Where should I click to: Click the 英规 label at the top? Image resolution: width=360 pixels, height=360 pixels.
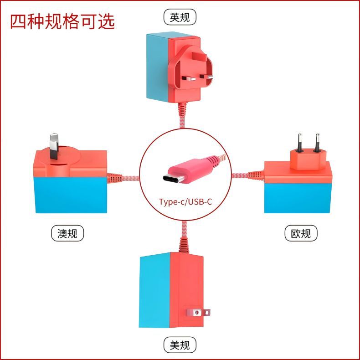pos(180,17)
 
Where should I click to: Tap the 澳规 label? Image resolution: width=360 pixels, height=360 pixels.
pos(67,233)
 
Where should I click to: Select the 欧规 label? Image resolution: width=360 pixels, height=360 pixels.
pos(301,233)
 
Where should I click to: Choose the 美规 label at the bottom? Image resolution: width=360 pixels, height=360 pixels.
pos(180,345)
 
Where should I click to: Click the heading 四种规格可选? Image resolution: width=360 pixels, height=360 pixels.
pos(62,21)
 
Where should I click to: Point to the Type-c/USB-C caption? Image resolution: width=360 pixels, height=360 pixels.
pos(185,201)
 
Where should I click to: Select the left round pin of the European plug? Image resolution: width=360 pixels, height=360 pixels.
pos(300,142)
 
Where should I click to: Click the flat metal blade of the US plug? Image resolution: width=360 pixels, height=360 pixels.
pos(197,313)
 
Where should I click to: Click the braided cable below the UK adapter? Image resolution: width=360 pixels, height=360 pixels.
pos(182,114)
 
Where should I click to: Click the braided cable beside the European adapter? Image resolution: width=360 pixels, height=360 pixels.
pos(246,175)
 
